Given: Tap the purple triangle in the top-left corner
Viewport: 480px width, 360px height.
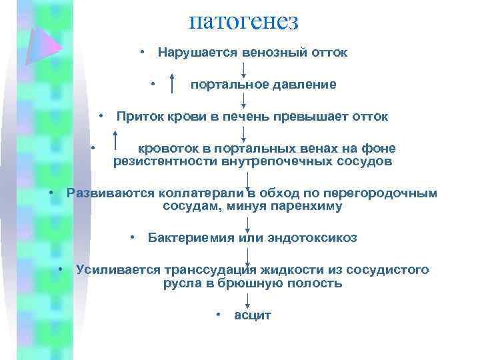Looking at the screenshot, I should coord(41,45).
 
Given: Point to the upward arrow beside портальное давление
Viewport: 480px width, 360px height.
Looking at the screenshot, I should coord(173,84).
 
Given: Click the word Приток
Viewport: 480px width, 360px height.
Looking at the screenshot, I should coord(137,117).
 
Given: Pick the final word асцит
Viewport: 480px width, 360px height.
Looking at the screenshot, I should coord(253,315).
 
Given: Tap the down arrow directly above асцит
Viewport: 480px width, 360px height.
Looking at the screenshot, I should coord(247,299).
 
